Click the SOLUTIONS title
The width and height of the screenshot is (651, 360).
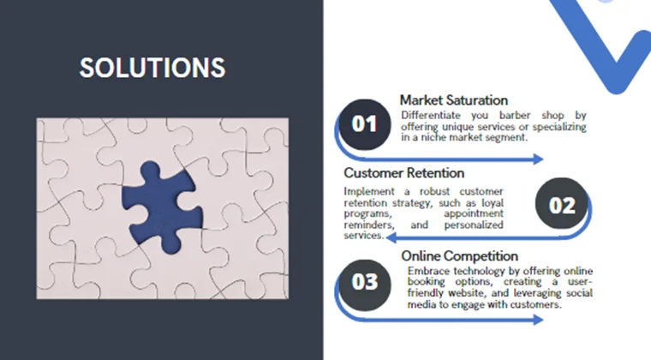[152, 69]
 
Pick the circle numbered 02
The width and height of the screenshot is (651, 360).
[562, 206]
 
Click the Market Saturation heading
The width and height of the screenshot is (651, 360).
[453, 100]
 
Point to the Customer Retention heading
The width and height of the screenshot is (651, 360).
[403, 173]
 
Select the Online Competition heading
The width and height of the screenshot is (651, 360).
[459, 255]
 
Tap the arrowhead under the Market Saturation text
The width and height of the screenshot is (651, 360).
[539, 159]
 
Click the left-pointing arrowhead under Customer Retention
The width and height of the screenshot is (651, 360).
[391, 237]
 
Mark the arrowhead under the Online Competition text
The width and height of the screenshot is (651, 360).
[539, 320]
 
